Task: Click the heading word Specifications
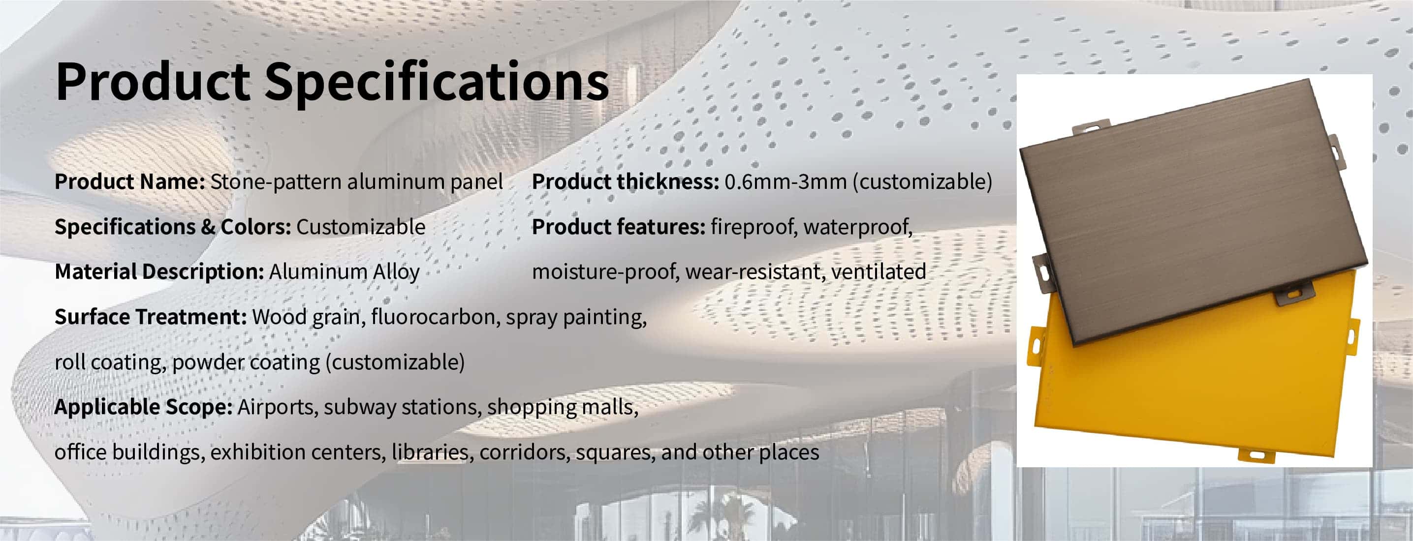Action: (x=437, y=82)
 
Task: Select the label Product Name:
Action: (x=130, y=181)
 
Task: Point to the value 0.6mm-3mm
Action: (x=785, y=181)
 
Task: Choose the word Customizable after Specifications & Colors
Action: (x=361, y=227)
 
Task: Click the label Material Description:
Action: (x=159, y=272)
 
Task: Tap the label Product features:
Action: (x=619, y=227)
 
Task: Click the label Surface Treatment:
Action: (x=151, y=317)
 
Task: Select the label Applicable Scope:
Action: (x=144, y=407)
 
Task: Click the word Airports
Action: (x=278, y=407)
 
